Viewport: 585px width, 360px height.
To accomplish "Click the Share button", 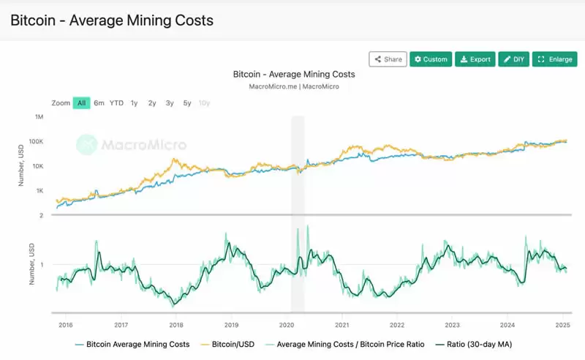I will click(388, 59).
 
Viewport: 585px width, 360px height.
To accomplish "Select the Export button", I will click(475, 59).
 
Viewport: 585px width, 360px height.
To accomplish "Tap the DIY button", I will click(514, 59).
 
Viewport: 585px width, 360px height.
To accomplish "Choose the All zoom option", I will click(81, 103).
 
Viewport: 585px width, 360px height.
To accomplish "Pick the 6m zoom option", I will click(99, 103).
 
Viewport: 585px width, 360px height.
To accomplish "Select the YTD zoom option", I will click(116, 103).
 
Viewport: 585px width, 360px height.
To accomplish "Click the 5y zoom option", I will click(187, 103).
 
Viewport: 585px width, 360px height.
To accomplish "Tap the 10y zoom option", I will click(205, 103).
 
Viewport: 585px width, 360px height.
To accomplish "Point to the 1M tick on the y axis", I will click(39, 117).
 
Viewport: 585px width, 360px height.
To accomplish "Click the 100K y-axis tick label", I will click(37, 141).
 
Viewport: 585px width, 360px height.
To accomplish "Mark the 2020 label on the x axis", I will click(287, 325).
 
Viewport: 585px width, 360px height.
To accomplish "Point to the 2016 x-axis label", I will click(65, 325).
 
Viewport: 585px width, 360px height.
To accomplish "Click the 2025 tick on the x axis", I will click(562, 325).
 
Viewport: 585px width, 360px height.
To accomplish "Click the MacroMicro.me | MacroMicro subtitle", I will click(293, 86).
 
